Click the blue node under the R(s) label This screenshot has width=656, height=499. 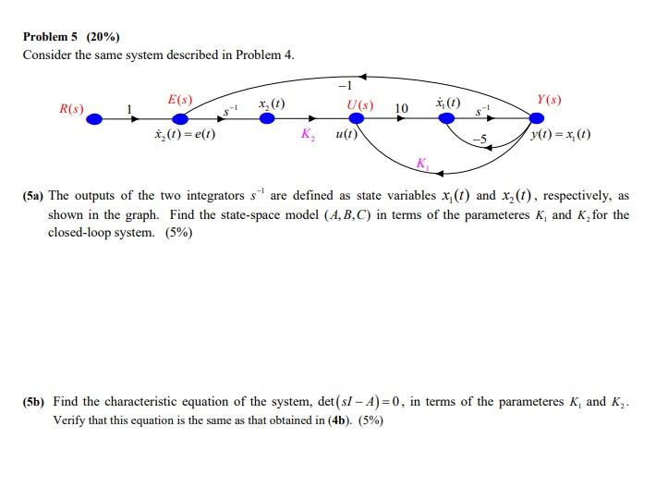94,118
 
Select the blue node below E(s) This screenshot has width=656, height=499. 180,118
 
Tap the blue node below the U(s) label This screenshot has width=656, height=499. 358,118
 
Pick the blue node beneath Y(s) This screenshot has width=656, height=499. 537,118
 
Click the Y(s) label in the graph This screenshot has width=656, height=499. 549,99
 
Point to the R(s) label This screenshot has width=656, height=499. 71,110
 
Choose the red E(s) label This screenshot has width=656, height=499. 180,99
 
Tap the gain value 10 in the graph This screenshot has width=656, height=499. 401,109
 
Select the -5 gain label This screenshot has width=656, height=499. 478,139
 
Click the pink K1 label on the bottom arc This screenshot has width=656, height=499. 421,164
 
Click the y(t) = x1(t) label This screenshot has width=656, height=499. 562,135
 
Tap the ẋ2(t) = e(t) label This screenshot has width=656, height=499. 185,135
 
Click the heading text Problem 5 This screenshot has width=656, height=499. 52,37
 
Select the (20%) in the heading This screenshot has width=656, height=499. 103,37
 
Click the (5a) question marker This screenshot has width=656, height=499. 34,196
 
